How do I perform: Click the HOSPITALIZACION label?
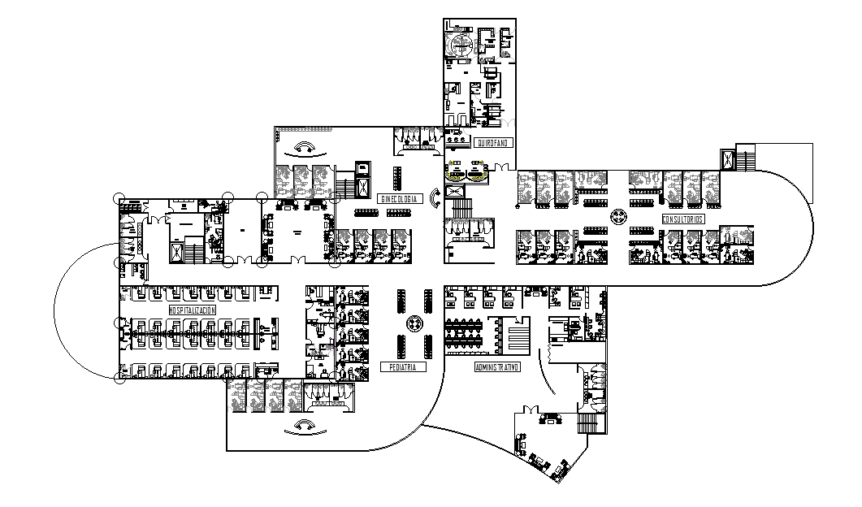tap(193, 310)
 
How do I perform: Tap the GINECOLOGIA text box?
tap(399, 198)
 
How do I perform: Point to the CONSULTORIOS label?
tap(682, 219)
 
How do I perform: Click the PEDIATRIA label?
tap(403, 367)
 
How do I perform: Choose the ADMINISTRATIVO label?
tap(497, 367)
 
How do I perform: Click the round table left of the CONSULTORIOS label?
tap(618, 217)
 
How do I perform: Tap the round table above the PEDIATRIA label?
tap(414, 323)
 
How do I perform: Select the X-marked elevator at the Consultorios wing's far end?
tap(725, 158)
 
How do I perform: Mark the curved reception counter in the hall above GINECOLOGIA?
tap(305, 148)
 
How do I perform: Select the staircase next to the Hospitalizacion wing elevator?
tap(193, 248)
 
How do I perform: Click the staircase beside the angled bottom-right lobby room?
tap(587, 423)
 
